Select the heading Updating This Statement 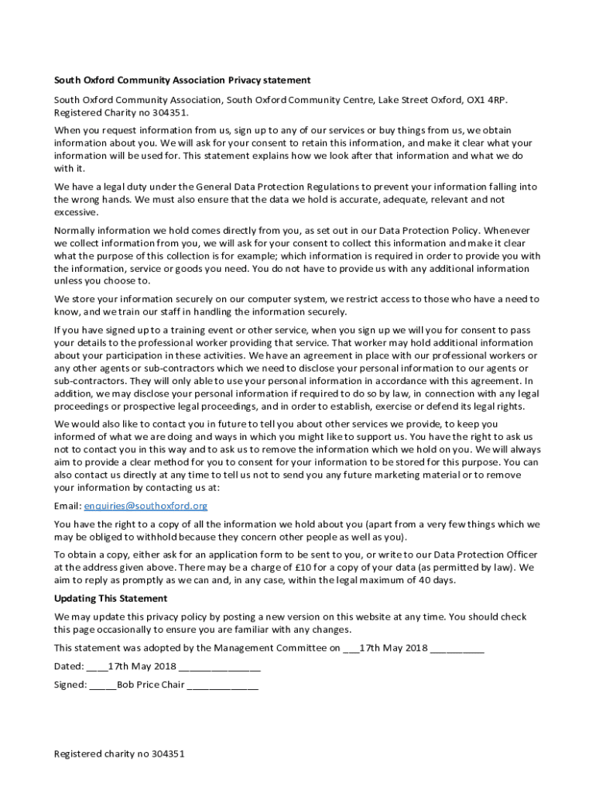110,599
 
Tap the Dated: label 69,667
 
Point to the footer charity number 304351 168,754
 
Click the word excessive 76,212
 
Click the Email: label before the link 67,506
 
